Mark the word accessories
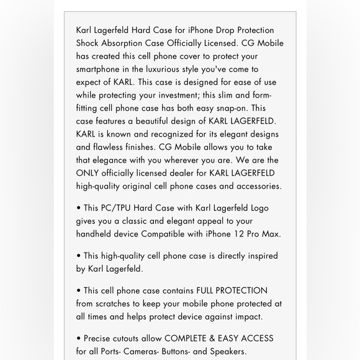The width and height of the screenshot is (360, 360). tap(256, 186)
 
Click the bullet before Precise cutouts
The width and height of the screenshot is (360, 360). tap(79, 338)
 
